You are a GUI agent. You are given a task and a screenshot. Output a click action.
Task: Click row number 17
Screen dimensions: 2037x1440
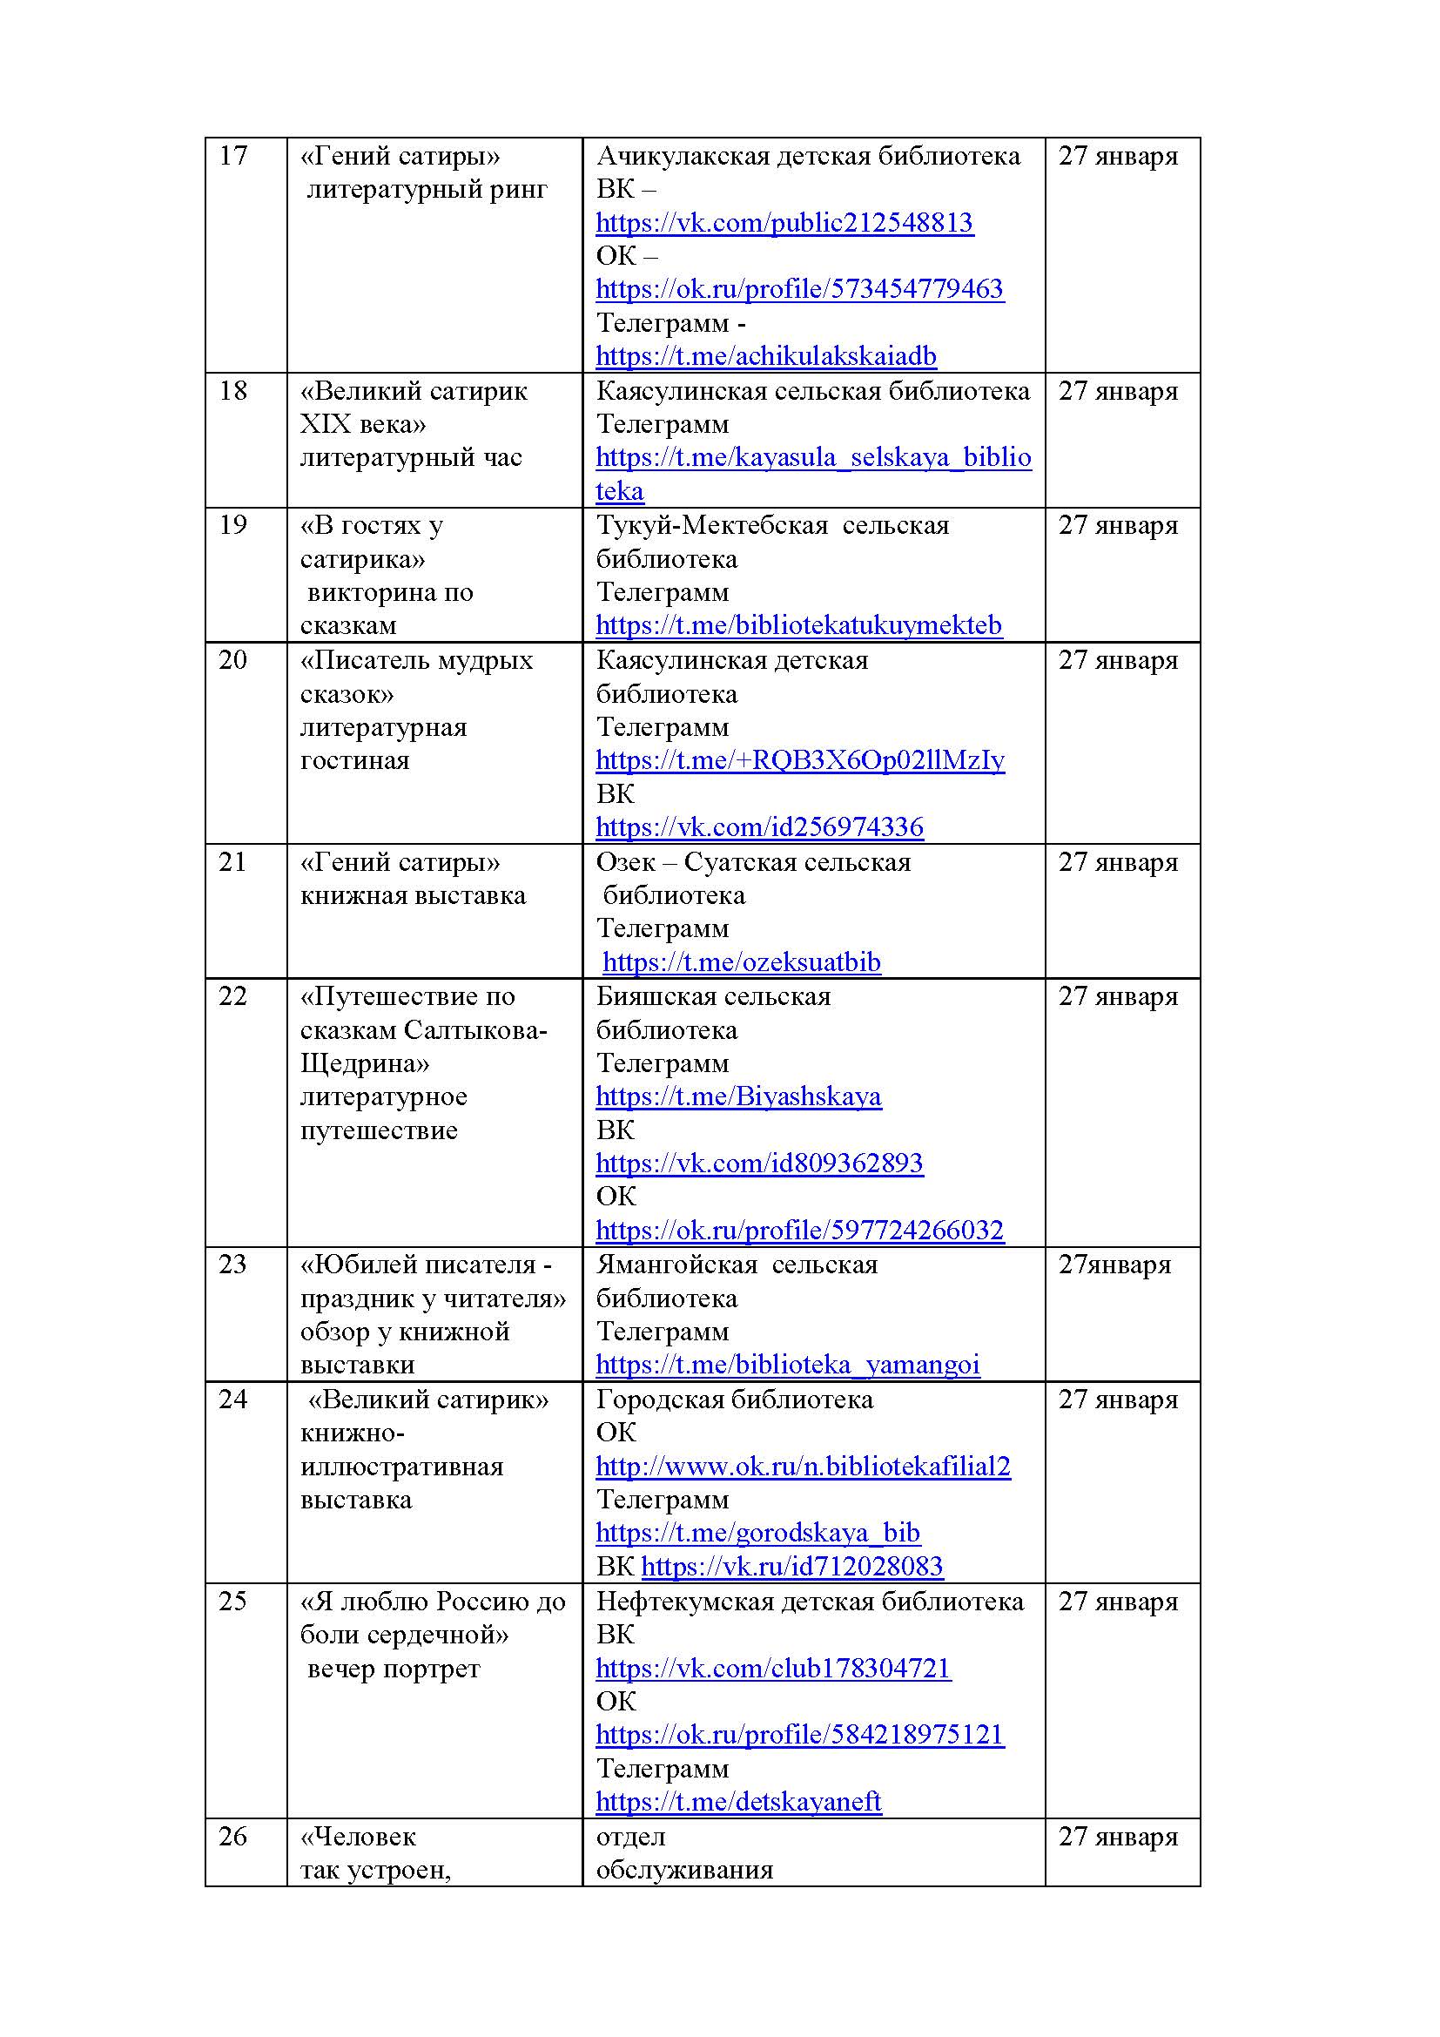coord(233,156)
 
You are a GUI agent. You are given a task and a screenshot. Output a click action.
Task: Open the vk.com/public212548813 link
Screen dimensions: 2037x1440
coord(784,223)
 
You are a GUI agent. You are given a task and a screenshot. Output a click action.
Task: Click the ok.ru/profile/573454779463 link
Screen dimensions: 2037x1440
coord(799,289)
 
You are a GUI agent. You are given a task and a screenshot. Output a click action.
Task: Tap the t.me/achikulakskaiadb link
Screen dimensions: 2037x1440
coord(765,357)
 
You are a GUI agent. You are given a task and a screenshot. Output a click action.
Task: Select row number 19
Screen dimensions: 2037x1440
coord(233,525)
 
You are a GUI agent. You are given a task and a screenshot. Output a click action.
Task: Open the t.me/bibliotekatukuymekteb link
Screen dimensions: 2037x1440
coord(798,625)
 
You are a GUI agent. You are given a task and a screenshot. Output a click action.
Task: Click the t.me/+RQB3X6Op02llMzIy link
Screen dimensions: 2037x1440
coord(799,760)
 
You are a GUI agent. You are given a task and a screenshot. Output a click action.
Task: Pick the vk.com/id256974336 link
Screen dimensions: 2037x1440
coord(759,827)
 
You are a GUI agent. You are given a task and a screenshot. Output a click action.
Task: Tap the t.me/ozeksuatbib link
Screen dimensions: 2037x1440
coord(741,962)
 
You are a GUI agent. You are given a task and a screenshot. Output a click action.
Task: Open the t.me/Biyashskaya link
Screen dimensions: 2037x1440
coord(737,1097)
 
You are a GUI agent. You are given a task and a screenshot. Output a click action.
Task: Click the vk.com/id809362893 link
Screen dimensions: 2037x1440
coord(759,1164)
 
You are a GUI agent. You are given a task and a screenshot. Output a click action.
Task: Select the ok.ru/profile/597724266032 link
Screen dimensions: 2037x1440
coord(799,1231)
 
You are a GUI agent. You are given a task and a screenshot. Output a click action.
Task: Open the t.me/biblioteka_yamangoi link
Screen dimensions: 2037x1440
coord(787,1366)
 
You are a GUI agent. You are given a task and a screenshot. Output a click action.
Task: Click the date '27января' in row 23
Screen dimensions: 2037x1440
coord(1114,1265)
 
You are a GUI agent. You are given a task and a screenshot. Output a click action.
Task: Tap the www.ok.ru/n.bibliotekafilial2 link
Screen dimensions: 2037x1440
coord(803,1467)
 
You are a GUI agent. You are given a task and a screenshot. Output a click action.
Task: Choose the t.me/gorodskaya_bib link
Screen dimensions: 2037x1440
coord(757,1533)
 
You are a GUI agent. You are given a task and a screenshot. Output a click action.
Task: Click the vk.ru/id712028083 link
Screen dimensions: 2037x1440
coord(791,1567)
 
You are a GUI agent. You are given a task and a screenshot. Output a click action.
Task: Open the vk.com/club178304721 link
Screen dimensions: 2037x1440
coord(772,1669)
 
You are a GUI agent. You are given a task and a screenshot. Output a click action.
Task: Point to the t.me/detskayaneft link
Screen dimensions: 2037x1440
coord(737,1802)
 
